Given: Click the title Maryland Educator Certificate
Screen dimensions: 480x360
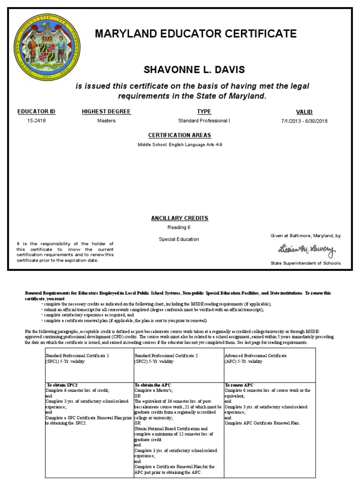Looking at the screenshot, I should click(196, 34).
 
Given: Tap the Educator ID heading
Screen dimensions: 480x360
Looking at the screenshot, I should click(37, 112).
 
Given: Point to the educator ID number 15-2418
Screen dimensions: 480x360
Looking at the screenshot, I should click(37, 121).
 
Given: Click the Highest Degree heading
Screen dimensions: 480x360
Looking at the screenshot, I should click(106, 112).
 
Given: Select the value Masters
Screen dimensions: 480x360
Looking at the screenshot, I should click(106, 121).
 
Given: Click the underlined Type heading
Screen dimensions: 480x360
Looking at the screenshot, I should click(204, 112).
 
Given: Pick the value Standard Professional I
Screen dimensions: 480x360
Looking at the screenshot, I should click(204, 121).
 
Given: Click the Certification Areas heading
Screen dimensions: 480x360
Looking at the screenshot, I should click(180, 135).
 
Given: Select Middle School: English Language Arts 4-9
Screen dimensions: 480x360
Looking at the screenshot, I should click(180, 145).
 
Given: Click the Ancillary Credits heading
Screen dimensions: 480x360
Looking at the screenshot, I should click(180, 218).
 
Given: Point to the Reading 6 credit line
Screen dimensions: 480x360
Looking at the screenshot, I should click(179, 228).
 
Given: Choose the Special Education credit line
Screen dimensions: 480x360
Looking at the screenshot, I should click(179, 239).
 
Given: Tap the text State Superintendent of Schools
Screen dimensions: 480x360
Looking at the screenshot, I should click(306, 263).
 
